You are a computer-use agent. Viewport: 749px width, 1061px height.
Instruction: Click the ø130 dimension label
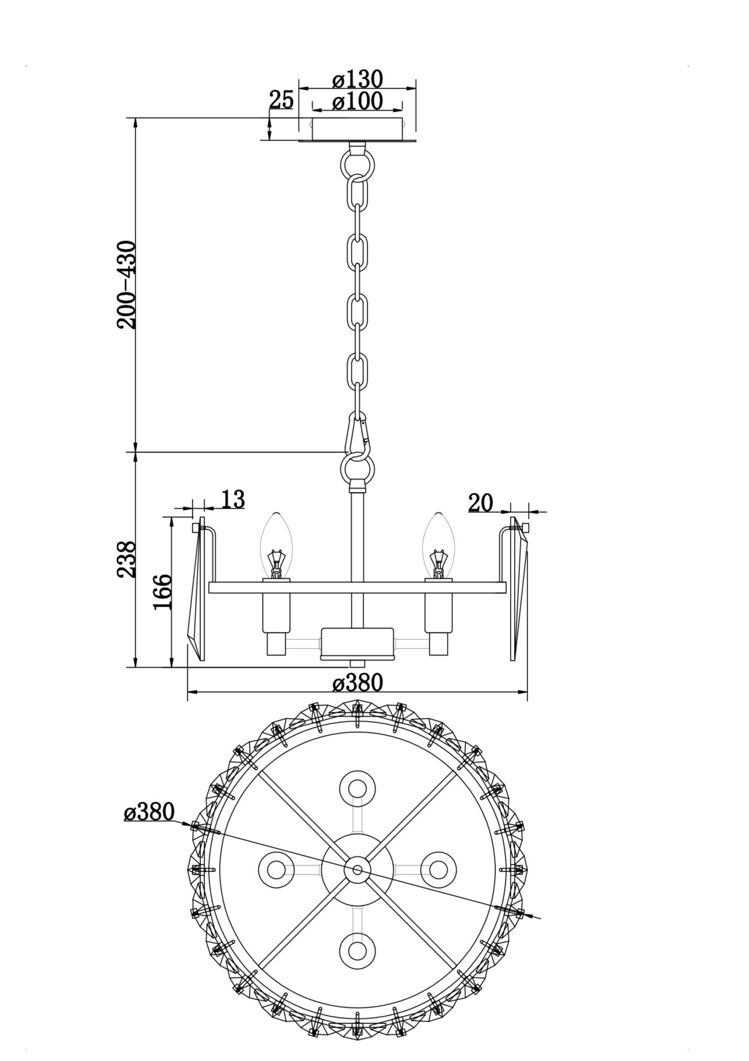357,80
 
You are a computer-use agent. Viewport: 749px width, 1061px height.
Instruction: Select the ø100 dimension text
357,101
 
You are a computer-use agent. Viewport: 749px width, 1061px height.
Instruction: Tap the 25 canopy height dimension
281,99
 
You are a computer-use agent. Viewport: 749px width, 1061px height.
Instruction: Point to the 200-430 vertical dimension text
127,285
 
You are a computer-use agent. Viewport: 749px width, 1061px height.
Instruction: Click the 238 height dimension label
127,559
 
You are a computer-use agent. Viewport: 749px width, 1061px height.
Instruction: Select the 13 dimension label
232,499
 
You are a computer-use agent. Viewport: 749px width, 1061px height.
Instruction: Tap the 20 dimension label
480,502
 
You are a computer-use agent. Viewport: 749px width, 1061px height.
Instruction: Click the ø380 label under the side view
357,683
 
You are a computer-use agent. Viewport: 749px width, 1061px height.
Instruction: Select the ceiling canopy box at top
357,129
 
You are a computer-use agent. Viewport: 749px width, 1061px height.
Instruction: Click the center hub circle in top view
357,870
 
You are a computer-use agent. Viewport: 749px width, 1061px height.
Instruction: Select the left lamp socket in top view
276,870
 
